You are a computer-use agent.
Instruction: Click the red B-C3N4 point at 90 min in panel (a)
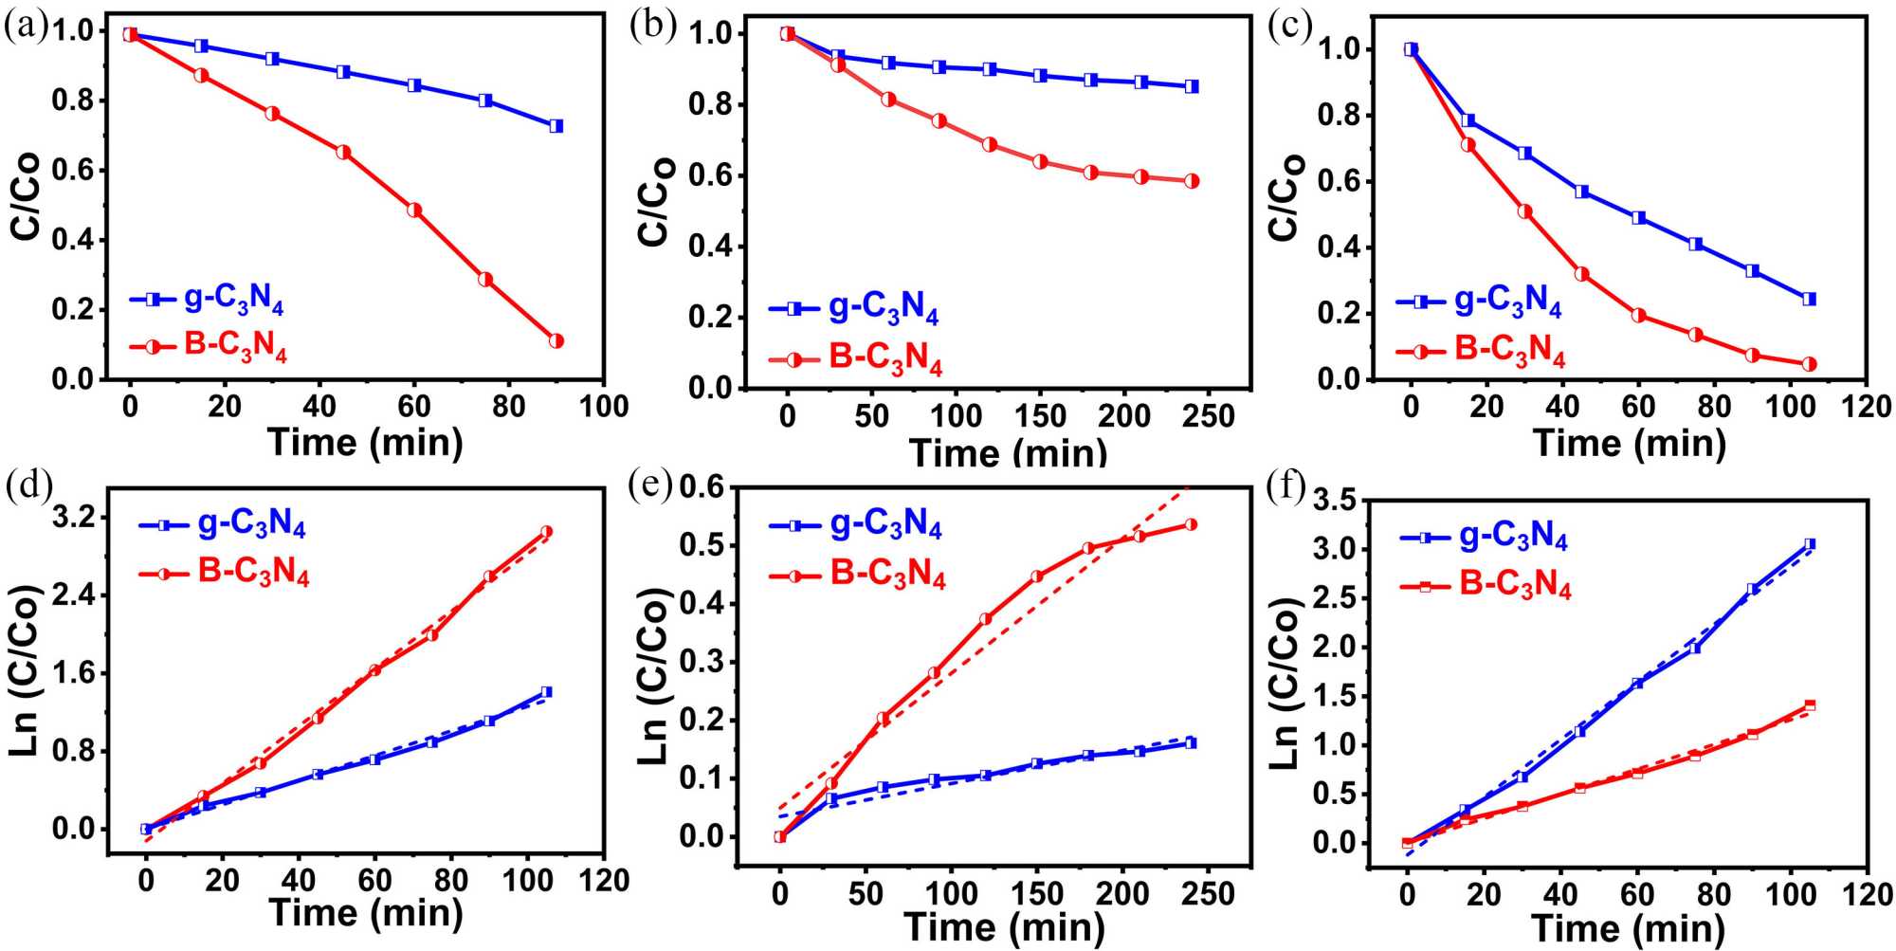click(556, 340)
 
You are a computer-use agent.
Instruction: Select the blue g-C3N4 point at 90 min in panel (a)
click(556, 126)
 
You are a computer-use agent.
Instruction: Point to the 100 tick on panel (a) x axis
click(604, 407)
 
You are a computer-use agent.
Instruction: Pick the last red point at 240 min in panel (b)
click(1192, 181)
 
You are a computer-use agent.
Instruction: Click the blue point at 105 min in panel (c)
click(1809, 299)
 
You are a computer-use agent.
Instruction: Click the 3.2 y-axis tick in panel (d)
click(80, 518)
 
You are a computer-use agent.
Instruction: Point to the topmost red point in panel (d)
click(546, 532)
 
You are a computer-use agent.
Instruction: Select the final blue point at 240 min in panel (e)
click(1191, 743)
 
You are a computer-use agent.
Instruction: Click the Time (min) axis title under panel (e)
click(1005, 926)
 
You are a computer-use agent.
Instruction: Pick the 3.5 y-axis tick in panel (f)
click(1335, 501)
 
